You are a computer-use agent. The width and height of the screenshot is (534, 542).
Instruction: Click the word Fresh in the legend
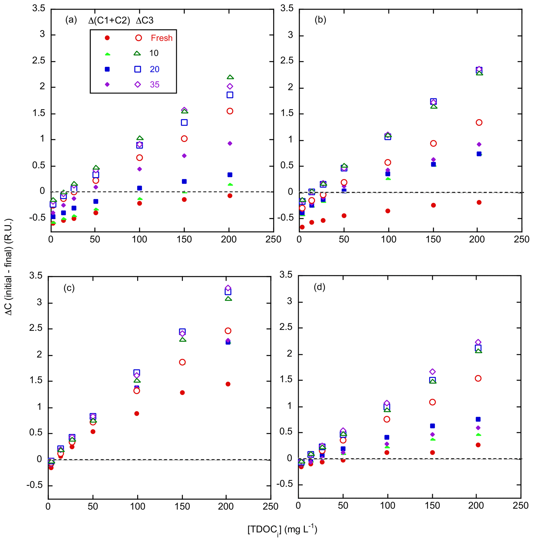[161, 38]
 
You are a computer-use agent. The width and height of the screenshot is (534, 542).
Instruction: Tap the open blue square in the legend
[137, 69]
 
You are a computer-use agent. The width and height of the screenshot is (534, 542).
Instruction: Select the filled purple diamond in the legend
[107, 85]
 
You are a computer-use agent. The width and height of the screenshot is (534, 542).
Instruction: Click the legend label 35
[154, 85]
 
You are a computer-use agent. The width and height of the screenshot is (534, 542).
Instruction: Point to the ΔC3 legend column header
[145, 20]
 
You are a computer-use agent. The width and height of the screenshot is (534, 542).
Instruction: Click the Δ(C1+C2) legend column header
[109, 20]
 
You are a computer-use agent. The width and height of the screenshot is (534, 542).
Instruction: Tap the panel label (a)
[71, 20]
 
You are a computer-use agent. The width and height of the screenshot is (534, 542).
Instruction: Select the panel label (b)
[320, 20]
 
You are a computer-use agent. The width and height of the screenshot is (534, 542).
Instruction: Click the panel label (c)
[69, 288]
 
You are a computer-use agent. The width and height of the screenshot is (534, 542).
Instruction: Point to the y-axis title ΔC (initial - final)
[9, 267]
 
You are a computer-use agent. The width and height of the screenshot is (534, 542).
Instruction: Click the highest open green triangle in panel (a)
[230, 77]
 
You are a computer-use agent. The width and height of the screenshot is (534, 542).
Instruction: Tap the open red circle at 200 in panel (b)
[479, 122]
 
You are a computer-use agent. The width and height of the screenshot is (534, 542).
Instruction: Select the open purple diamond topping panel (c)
[228, 288]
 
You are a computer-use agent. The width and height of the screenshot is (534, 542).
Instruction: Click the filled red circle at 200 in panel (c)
[228, 384]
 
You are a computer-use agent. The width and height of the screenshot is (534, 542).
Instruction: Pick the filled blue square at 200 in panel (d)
[478, 419]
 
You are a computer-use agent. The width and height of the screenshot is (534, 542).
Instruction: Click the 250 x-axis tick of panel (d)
[521, 505]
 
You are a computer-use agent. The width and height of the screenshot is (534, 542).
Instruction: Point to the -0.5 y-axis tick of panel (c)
[35, 485]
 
